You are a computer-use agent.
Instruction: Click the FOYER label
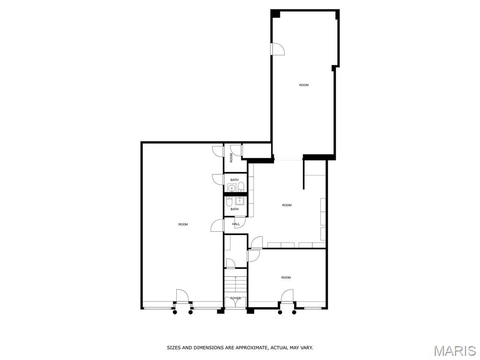click(x=235, y=298)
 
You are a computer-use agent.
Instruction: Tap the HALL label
click(x=236, y=224)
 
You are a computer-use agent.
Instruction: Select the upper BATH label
click(x=234, y=180)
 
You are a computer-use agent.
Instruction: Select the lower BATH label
click(x=234, y=210)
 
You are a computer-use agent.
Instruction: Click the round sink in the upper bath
click(x=232, y=187)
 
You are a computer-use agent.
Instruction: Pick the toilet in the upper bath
click(x=241, y=187)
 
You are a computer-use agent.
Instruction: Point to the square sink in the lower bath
click(x=240, y=201)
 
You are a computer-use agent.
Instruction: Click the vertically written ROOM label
click(x=231, y=158)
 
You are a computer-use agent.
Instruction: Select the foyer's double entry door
click(x=235, y=302)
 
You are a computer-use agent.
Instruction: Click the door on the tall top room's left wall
click(x=277, y=49)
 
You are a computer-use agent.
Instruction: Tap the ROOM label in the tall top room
click(x=304, y=85)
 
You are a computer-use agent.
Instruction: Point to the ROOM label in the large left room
click(x=183, y=225)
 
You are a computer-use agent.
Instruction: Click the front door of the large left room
click(x=182, y=296)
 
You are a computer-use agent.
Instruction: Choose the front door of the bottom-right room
click(x=287, y=296)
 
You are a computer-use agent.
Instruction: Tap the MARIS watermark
click(x=455, y=351)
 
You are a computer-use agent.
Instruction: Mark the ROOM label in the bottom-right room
click(x=286, y=277)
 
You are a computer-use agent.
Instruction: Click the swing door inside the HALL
click(x=240, y=222)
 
